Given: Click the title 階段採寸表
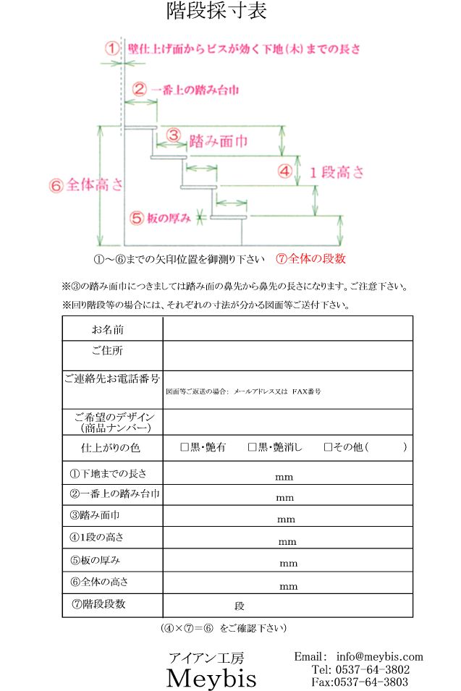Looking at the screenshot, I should (x=216, y=12).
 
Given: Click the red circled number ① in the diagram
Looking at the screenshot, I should (x=111, y=48).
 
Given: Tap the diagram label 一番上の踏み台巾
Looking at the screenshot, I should (x=195, y=90).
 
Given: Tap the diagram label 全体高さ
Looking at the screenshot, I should (x=94, y=185).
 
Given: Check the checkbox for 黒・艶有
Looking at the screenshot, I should (x=184, y=447).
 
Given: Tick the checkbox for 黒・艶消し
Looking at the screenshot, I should (x=252, y=447).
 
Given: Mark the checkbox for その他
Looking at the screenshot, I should (x=328, y=447).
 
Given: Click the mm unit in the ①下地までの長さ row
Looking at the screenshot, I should (x=284, y=478).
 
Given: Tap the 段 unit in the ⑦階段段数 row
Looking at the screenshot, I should (x=240, y=606).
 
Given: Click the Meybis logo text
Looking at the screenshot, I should (x=211, y=679).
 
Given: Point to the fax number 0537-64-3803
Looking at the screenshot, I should (x=370, y=682).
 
